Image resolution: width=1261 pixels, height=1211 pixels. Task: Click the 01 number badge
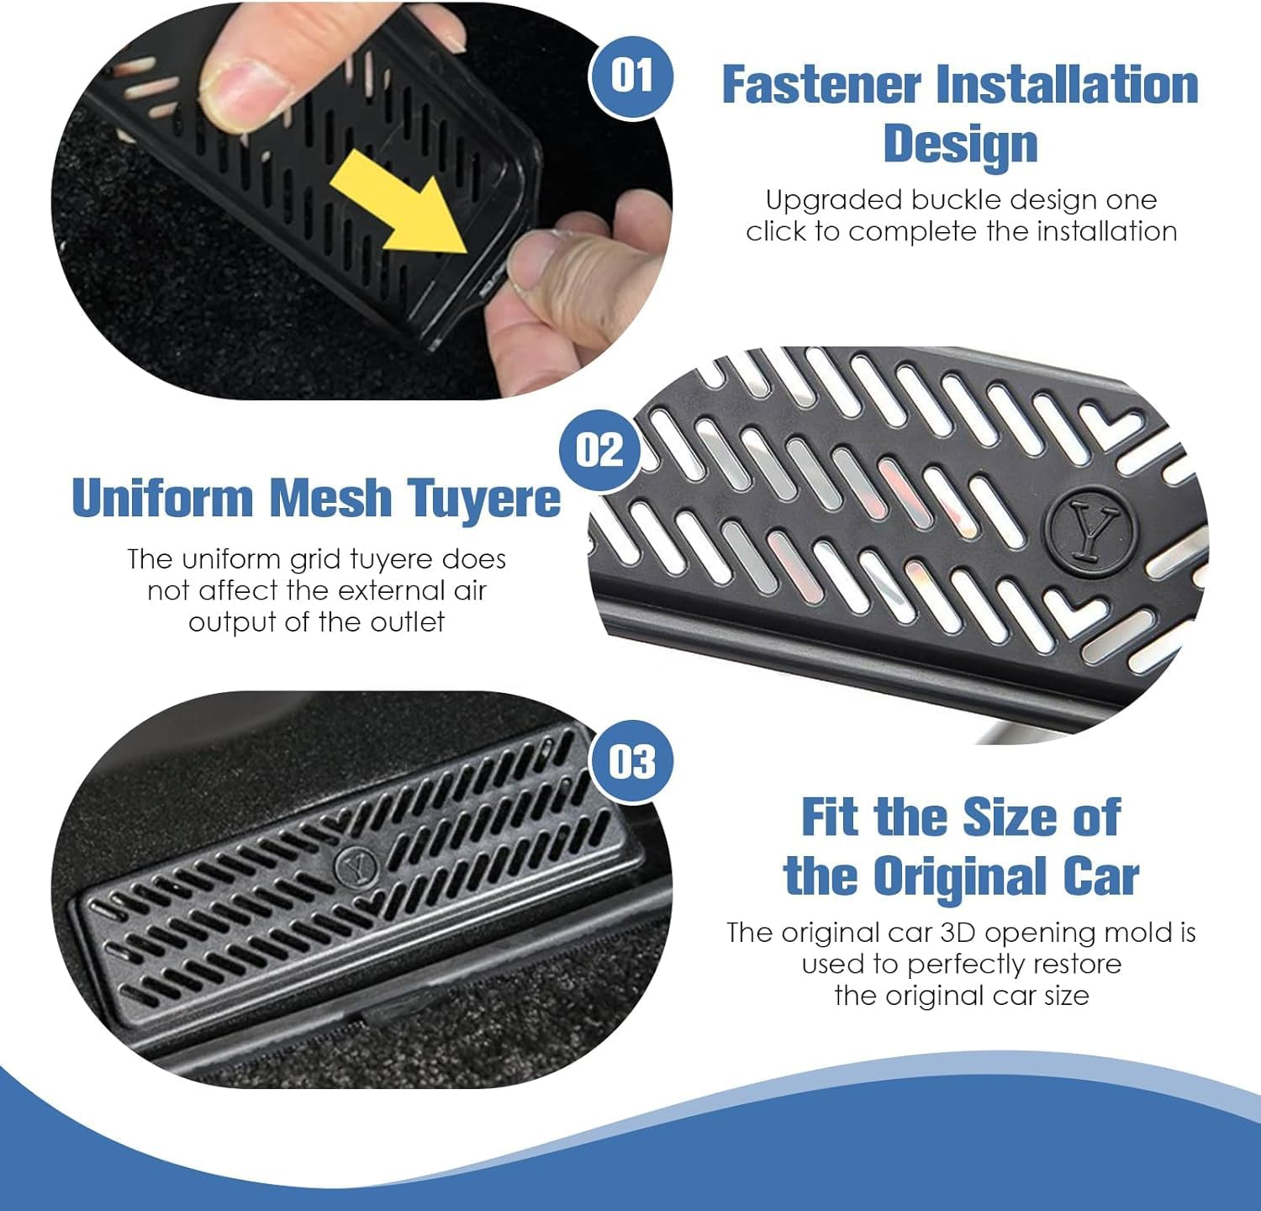coord(631,77)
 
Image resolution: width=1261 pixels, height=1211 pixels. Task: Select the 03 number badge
coord(631,762)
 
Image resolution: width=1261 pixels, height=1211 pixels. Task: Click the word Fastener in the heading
coord(821,85)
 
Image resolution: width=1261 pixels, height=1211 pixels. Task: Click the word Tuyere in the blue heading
coord(483,498)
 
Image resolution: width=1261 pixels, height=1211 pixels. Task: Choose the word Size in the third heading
coord(1010,817)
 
